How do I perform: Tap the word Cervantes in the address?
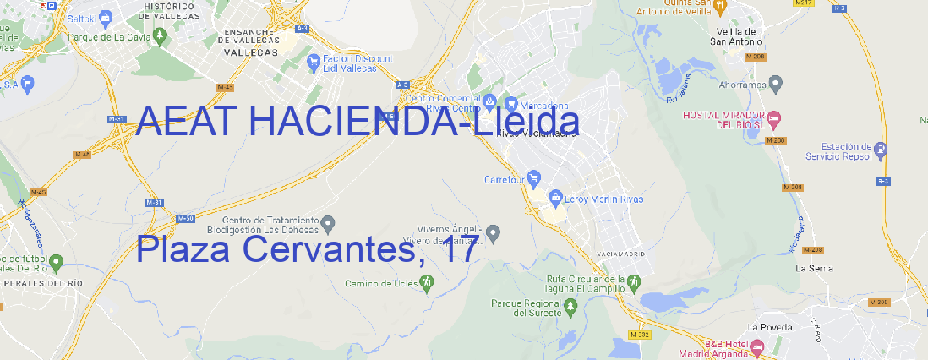coord(326,250)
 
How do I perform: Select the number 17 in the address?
coord(457,250)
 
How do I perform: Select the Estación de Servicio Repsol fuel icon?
coord(882,150)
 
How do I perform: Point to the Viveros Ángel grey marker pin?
coord(494,232)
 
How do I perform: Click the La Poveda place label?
coord(770,326)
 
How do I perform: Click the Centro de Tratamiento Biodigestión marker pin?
coord(328,223)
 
